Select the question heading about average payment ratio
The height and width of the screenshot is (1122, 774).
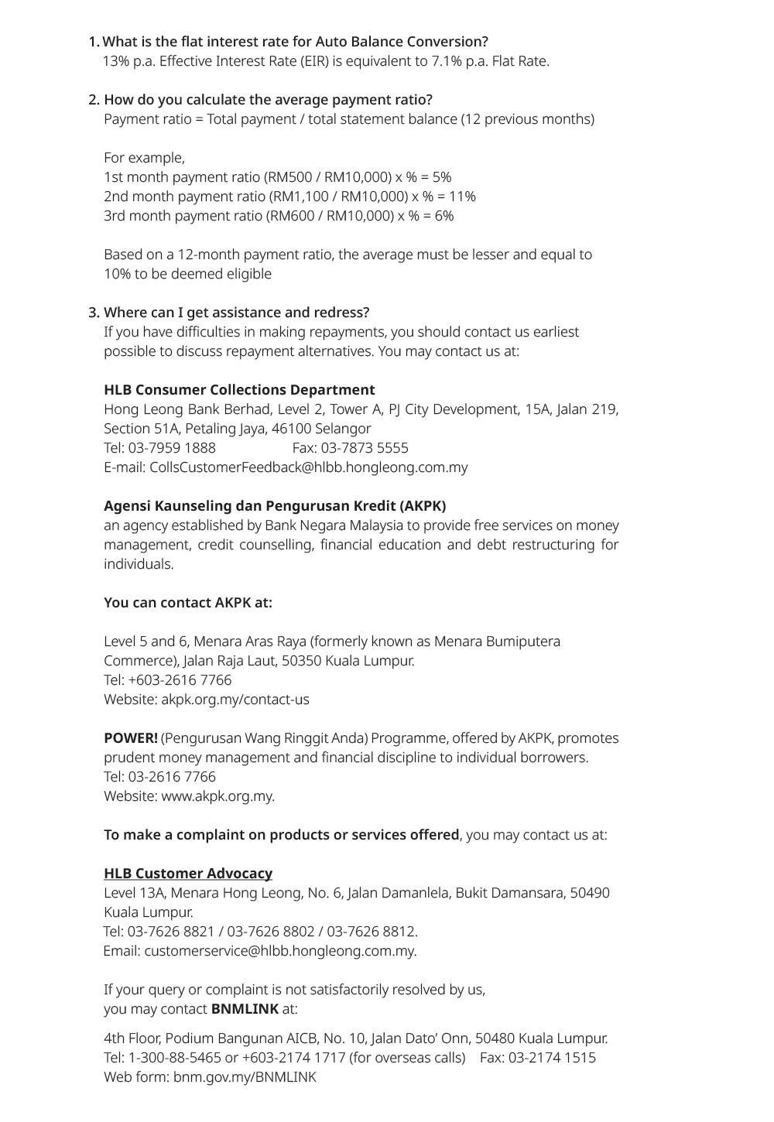[268, 100]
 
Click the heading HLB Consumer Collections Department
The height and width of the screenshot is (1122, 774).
[239, 390]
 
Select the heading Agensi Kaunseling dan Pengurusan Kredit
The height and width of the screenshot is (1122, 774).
[275, 506]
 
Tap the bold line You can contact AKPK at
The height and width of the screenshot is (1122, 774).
[188, 603]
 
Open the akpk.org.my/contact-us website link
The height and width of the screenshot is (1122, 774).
[235, 700]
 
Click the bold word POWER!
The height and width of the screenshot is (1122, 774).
[130, 738]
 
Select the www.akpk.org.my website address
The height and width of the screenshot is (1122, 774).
[217, 796]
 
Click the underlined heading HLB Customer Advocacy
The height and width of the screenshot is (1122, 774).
[188, 874]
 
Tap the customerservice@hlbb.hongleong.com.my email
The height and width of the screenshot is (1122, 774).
[280, 951]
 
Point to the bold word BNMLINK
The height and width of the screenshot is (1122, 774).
[245, 1009]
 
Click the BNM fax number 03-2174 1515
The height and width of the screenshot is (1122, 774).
[552, 1058]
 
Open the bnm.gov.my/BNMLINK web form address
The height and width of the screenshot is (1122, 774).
[245, 1077]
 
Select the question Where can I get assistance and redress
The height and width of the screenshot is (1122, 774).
[236, 313]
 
